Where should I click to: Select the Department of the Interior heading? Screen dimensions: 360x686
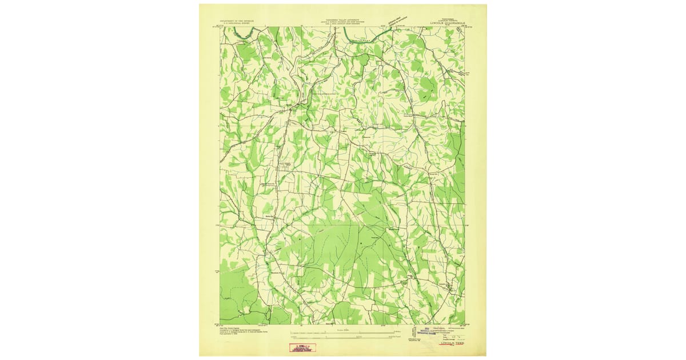236,20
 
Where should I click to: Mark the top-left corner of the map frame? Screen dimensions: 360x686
220,26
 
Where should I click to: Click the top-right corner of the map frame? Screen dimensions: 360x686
465,26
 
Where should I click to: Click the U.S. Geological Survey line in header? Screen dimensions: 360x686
236,23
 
